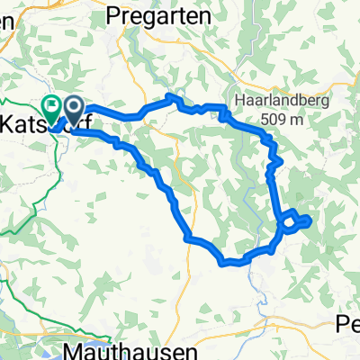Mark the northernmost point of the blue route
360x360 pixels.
pos(171,95)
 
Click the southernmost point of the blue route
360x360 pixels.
pos(229,264)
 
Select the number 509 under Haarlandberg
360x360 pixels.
pos(261,114)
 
